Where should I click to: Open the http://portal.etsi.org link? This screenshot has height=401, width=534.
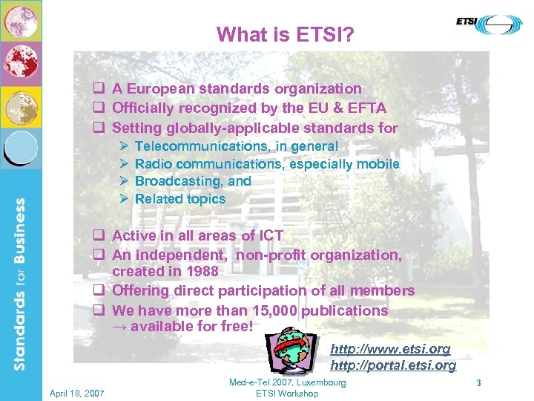coord(392,365)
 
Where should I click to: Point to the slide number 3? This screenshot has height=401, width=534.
coord(479,383)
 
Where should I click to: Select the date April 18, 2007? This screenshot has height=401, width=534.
coord(76,392)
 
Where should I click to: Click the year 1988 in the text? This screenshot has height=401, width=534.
coord(202,272)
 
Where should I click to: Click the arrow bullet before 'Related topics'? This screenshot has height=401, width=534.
coord(124,199)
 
